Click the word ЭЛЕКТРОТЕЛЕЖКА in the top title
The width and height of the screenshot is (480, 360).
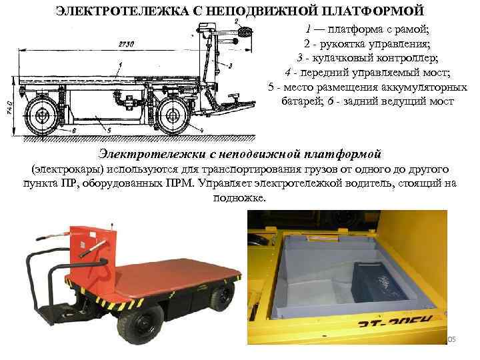[x=122, y=11]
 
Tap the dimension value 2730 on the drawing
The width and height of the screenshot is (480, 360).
[x=126, y=45]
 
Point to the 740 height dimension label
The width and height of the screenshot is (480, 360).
[x=9, y=108]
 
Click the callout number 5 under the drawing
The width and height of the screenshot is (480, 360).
[x=109, y=131]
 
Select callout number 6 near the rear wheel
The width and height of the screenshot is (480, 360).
[x=73, y=131]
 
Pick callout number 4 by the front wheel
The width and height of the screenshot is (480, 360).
[x=202, y=130]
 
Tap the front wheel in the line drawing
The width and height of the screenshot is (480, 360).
[x=173, y=116]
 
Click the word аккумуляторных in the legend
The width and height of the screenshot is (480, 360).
[x=424, y=87]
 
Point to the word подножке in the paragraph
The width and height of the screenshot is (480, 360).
[x=240, y=198]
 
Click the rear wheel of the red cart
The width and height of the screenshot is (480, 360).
[x=223, y=295]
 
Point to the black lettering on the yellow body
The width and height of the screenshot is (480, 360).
[x=395, y=322]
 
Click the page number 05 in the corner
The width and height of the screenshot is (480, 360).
[x=451, y=339]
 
